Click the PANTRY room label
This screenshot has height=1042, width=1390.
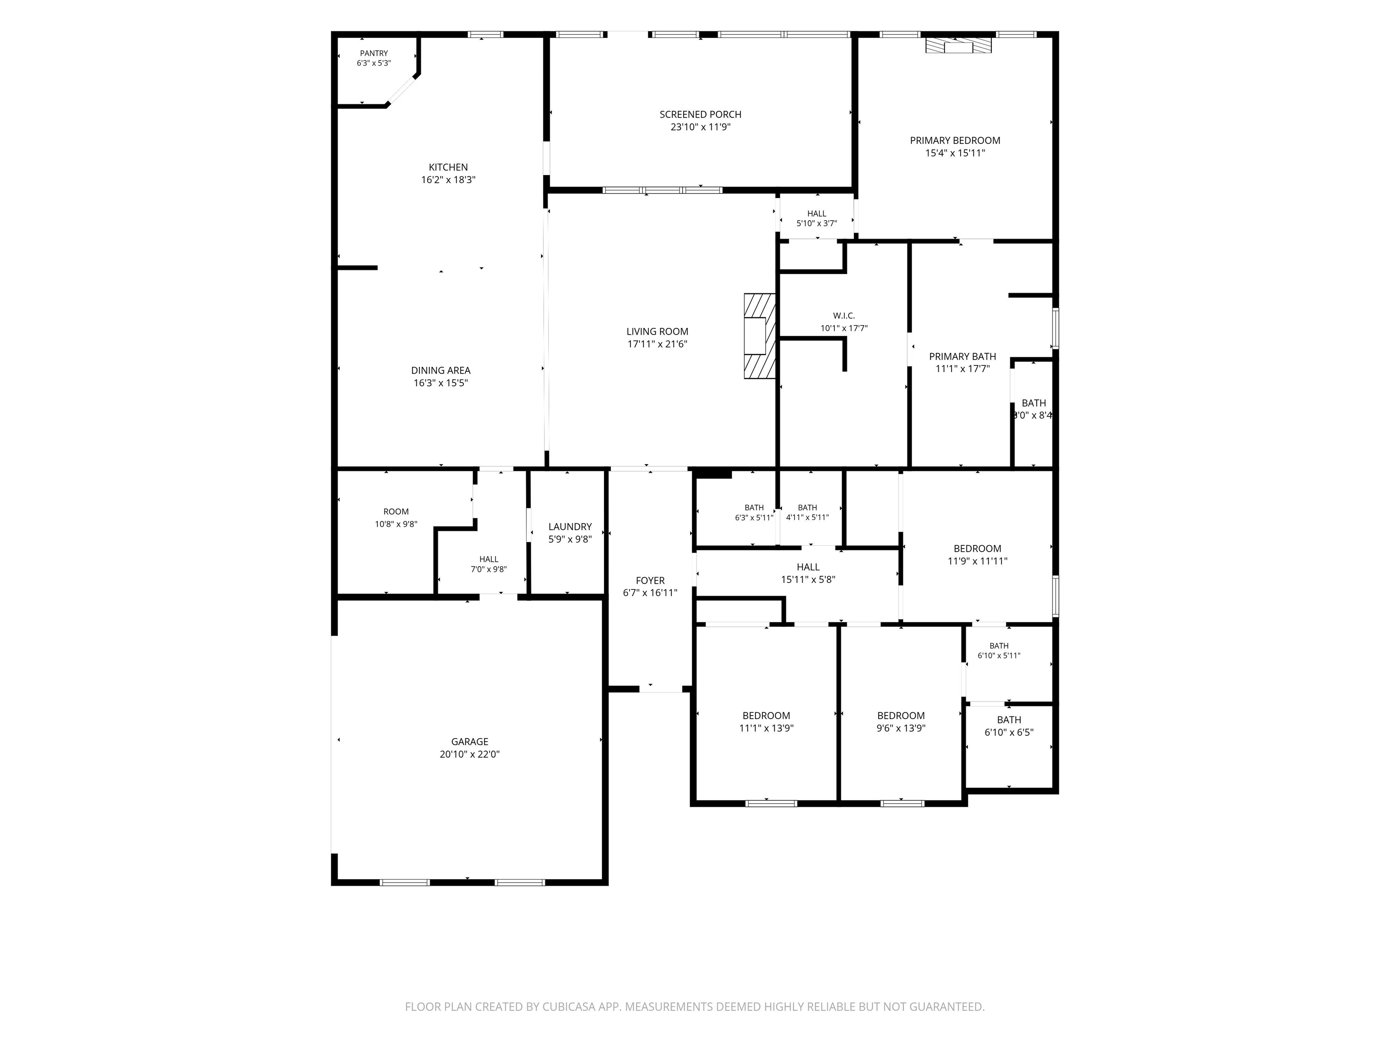(374, 53)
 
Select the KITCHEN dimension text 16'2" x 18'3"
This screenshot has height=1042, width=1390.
(448, 180)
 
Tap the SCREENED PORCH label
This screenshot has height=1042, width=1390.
(700, 114)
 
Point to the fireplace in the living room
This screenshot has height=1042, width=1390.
(760, 336)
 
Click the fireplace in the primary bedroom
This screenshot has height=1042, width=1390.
(958, 46)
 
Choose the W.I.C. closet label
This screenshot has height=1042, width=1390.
(844, 316)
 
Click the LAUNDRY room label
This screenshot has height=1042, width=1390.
(570, 527)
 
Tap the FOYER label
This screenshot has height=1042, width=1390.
(650, 580)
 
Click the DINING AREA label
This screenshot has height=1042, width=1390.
(441, 370)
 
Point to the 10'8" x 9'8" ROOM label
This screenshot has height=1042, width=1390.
(396, 512)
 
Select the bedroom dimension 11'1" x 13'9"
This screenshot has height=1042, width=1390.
(766, 729)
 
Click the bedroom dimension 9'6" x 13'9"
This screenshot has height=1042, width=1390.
(901, 729)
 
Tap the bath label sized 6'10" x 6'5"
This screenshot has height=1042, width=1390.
(1009, 720)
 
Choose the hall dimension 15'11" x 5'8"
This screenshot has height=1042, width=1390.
(808, 580)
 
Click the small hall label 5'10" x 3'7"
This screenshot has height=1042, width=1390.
(817, 213)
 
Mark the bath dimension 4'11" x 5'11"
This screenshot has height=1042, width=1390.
(808, 517)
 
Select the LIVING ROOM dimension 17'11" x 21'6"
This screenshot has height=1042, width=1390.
(657, 344)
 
